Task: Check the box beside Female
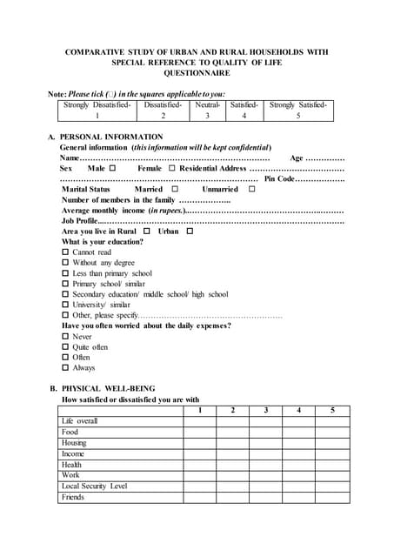click(172, 168)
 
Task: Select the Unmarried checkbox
click(251, 189)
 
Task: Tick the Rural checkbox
click(146, 232)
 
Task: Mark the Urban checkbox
click(190, 232)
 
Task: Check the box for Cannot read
click(65, 252)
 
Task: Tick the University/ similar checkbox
click(65, 305)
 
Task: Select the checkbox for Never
click(65, 337)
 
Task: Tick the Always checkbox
click(65, 368)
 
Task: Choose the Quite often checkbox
click(65, 347)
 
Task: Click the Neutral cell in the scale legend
click(207, 110)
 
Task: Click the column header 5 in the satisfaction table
click(332, 410)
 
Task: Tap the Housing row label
click(74, 443)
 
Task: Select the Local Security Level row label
click(94, 487)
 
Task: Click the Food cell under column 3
click(265, 432)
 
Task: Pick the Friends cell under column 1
click(199, 498)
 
